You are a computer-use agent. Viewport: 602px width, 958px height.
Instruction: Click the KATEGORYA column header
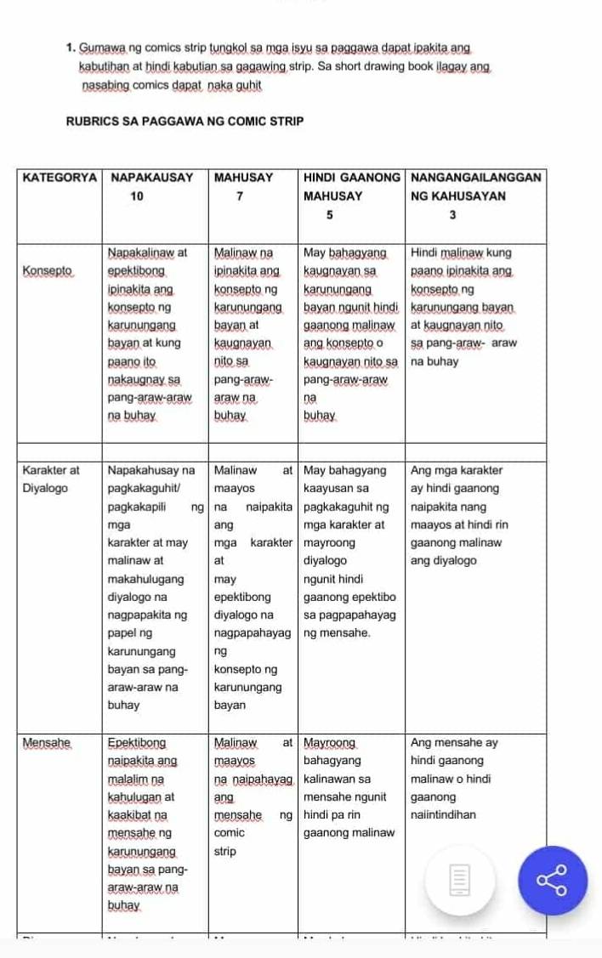coord(59,178)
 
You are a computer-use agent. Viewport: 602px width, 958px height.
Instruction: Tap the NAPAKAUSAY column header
coord(153,178)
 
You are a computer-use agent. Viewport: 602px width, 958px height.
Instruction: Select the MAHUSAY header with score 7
coord(243,178)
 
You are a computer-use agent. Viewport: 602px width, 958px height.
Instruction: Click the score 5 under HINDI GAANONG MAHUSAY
coord(327,216)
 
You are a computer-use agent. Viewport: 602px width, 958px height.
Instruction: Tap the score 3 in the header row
coord(451,216)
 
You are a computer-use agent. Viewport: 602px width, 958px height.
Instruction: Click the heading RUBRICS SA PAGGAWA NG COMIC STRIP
coord(185,122)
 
